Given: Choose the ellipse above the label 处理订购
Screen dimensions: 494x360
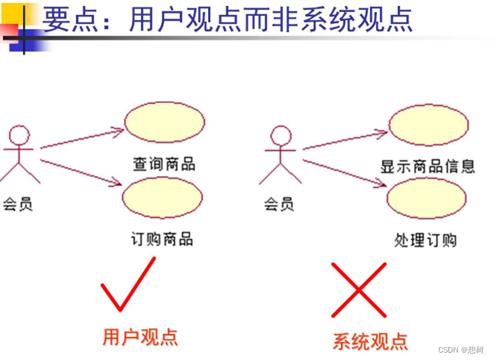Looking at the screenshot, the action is [427, 199].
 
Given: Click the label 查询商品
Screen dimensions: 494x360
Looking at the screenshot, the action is [164, 164].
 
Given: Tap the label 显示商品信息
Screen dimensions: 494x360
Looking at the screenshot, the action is [428, 166].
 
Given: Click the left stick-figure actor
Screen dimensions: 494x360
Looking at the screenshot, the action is [19, 154].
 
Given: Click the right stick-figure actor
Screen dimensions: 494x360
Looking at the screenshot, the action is [281, 154].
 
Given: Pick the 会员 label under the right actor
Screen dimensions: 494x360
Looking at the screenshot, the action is [279, 203].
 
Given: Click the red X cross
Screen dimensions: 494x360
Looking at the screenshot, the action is [359, 289].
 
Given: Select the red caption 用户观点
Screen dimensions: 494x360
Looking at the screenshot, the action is [140, 336].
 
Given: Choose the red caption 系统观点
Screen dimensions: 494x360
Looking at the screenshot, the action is [370, 341].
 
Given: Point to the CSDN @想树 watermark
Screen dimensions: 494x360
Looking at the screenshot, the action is [463, 349].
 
